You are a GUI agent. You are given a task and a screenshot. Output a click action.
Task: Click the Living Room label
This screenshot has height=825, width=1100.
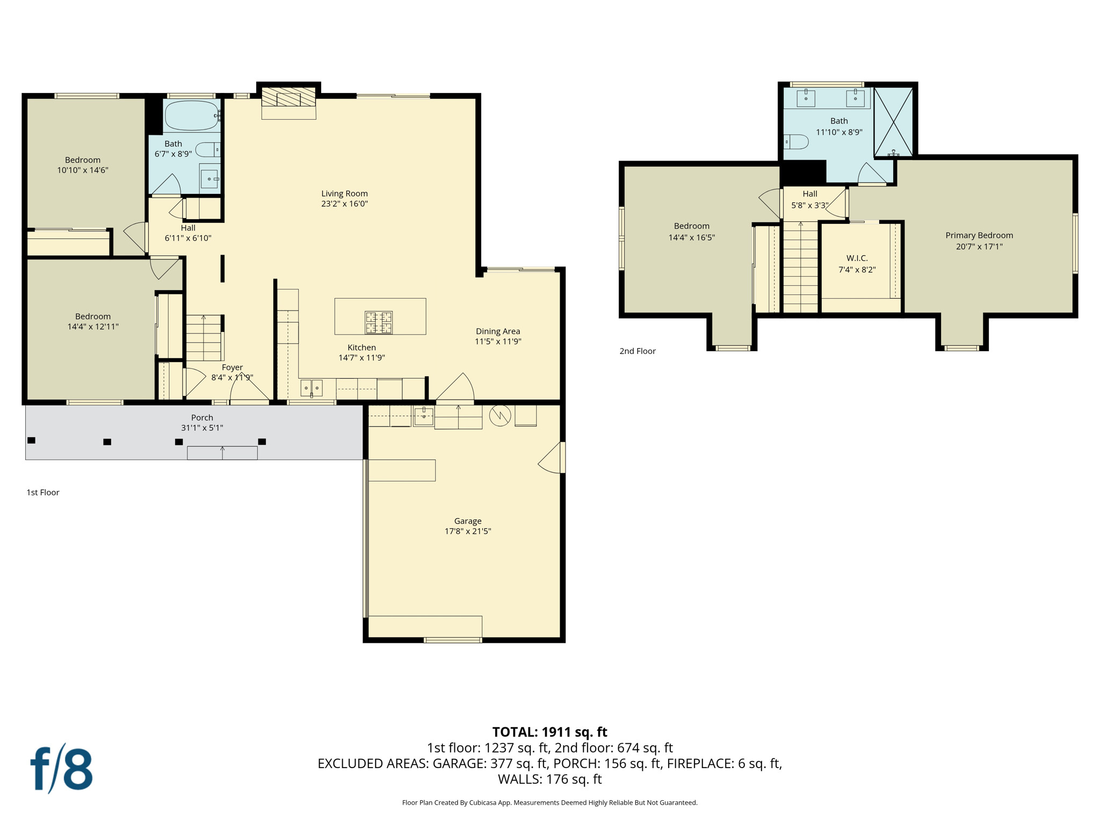(x=344, y=193)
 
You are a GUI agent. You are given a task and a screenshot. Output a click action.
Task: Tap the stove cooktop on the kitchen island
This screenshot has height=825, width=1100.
(x=379, y=322)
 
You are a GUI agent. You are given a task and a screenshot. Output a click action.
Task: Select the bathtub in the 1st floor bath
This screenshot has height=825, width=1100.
(x=191, y=115)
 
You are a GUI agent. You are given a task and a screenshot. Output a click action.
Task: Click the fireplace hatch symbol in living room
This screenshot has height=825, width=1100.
(x=288, y=98)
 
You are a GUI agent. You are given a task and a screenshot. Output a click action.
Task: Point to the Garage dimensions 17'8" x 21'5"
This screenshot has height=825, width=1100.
(x=467, y=531)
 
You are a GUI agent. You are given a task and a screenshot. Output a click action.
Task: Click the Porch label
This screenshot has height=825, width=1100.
(x=202, y=417)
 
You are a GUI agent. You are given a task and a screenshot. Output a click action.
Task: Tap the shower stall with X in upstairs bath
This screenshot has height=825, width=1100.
(x=893, y=122)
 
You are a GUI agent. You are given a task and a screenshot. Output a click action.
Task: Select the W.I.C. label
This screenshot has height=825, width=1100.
(x=857, y=258)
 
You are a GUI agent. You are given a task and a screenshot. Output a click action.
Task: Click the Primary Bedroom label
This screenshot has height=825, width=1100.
(x=979, y=235)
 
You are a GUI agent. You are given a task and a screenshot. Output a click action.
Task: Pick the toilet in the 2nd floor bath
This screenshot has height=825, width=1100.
(x=796, y=142)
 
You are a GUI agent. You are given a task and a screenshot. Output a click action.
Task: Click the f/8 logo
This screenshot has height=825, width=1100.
(x=61, y=769)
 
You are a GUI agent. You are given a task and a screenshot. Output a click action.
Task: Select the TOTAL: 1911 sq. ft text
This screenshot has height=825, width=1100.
(x=549, y=732)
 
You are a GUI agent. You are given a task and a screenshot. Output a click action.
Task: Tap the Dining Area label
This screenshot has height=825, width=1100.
(x=497, y=331)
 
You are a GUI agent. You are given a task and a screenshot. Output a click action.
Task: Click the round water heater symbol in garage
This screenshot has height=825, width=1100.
(x=500, y=416)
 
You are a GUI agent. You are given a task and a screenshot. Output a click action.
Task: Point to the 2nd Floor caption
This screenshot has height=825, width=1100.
(x=638, y=351)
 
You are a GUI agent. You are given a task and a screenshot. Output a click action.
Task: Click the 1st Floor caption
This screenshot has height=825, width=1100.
(x=43, y=492)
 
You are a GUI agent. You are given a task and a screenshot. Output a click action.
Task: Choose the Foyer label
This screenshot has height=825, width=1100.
(x=232, y=367)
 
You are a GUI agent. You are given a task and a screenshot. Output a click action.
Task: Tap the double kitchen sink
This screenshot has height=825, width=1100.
(x=311, y=387)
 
